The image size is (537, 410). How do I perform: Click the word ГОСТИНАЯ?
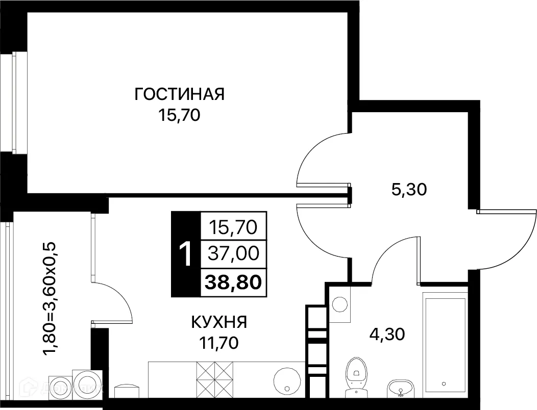tap(180, 94)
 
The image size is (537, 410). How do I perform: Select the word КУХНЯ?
tap(219, 322)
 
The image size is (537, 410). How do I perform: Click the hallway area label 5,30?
tap(409, 190)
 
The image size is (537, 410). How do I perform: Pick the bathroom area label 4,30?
tap(387, 335)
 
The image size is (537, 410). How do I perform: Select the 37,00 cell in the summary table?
tap(234, 253)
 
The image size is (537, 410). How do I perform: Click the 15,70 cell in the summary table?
tap(234, 225)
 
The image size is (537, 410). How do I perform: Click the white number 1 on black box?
tap(186, 254)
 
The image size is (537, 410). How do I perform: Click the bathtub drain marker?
tap(445, 383)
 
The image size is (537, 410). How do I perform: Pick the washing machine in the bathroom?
tap(340, 305)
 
